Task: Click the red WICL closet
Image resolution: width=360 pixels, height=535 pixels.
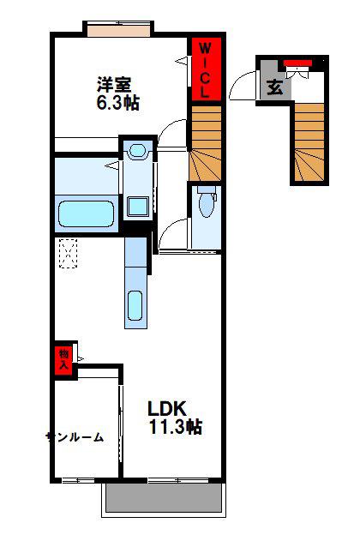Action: click(206, 69)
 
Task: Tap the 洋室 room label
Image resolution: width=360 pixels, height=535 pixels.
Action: click(115, 84)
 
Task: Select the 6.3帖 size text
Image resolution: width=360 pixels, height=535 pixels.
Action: click(118, 102)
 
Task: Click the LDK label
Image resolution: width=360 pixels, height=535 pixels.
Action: click(167, 408)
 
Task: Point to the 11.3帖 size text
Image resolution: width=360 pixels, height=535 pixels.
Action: click(176, 426)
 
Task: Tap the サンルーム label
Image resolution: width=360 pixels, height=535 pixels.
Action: click(75, 437)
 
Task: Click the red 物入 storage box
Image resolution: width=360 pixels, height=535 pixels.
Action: click(63, 360)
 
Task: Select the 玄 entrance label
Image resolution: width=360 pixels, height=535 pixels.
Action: click(274, 87)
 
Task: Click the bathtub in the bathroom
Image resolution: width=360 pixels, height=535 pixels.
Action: click(86, 214)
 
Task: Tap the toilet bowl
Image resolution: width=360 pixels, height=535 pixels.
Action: click(206, 204)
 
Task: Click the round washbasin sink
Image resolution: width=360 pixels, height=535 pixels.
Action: click(137, 150)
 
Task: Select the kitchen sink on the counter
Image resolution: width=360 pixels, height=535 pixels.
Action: click(135, 305)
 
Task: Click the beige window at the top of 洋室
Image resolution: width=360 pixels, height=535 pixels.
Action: click(119, 30)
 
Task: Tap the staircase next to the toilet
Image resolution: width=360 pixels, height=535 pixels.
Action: click(205, 142)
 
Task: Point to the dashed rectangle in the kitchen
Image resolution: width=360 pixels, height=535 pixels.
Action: click(69, 253)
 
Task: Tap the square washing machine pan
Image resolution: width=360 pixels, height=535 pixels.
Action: click(138, 207)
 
